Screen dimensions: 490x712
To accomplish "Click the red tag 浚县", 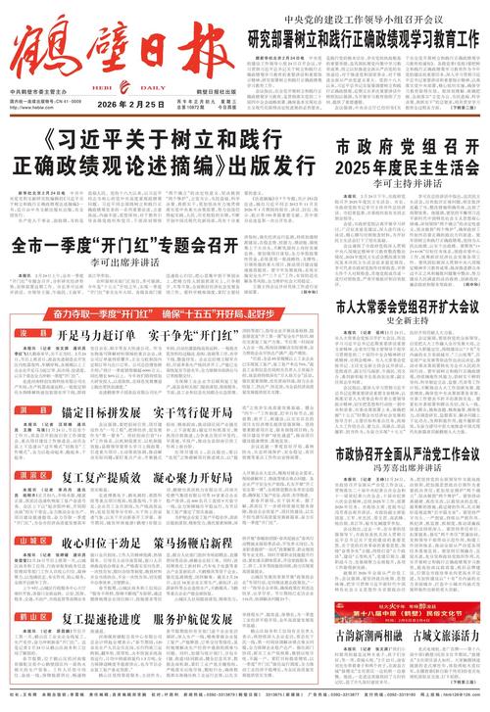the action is click(x=33, y=335).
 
